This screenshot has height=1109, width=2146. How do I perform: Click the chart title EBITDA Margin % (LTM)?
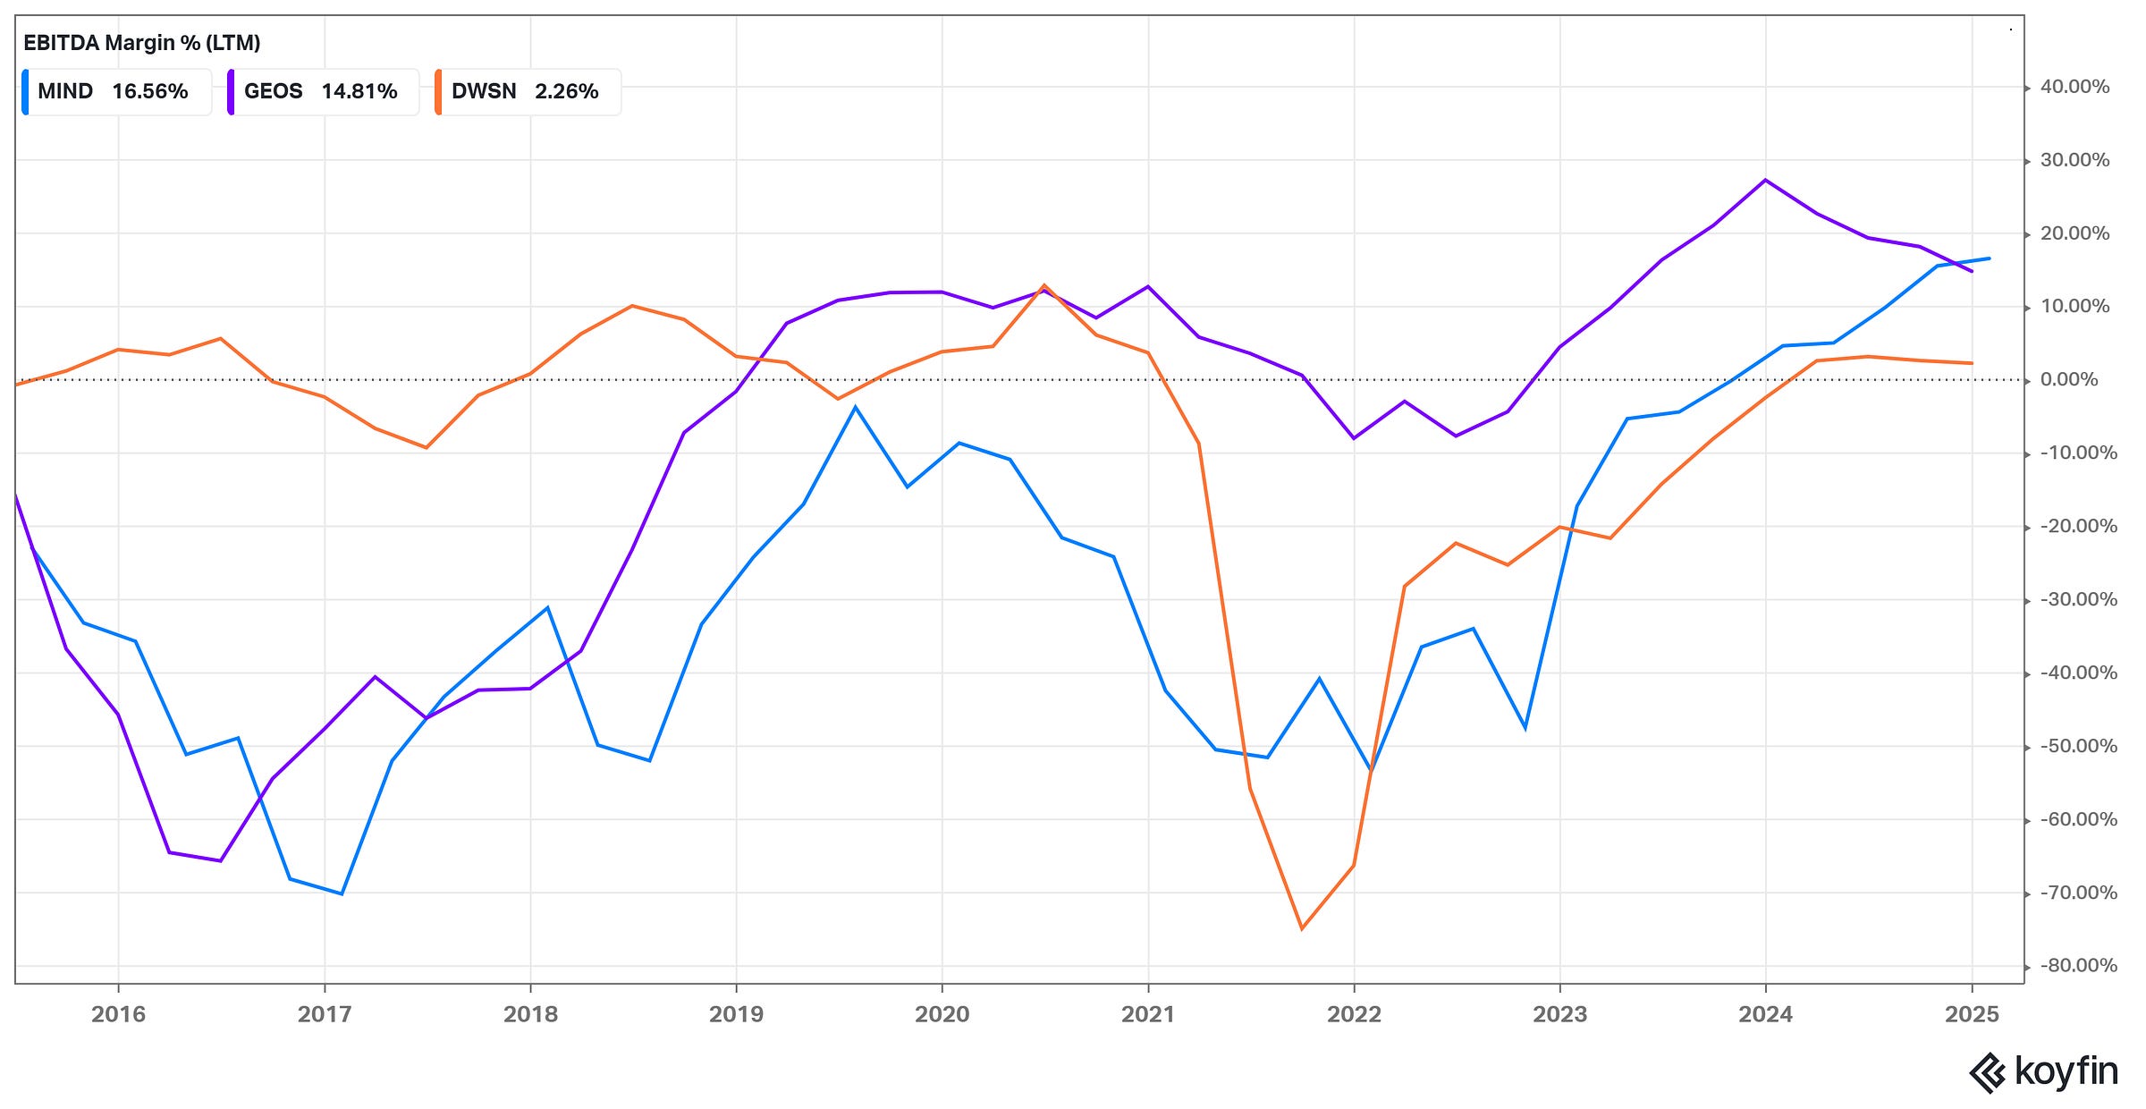coord(141,42)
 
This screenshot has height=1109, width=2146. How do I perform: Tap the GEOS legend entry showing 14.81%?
coord(323,91)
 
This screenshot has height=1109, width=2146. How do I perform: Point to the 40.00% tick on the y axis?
coord(2074,87)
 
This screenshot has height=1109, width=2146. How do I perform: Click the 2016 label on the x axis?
coord(118,1014)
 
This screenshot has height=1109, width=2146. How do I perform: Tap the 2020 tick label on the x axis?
coord(942,1014)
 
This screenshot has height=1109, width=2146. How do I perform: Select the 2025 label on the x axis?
coord(1972,1014)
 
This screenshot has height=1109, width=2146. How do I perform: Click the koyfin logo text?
coord(2066,1071)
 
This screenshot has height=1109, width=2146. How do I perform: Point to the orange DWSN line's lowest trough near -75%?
coord(1302,928)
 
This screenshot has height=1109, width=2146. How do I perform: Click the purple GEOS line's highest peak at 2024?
coord(1765,180)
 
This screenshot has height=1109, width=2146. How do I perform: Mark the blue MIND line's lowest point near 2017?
coord(342,893)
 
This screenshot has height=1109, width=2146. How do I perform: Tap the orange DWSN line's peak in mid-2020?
coord(1044,285)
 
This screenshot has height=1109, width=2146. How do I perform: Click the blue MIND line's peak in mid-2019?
coord(856,407)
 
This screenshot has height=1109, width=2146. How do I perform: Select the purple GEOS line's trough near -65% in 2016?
coord(220,860)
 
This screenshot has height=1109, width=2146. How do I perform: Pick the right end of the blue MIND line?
coord(1989,258)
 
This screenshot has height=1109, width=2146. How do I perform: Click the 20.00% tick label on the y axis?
coord(2074,233)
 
